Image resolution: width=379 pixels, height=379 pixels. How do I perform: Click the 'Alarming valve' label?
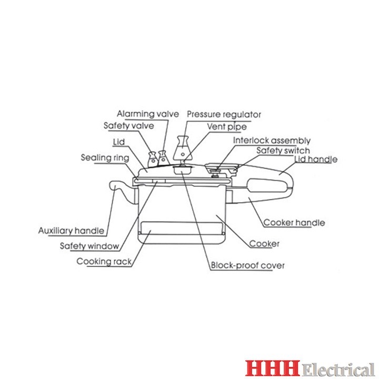point(148,114)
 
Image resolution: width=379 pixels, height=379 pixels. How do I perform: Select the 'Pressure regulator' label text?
point(224,114)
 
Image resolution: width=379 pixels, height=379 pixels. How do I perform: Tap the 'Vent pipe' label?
point(226,127)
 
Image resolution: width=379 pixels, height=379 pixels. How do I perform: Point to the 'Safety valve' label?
point(128,126)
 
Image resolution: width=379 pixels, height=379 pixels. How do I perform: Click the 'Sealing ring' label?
point(105,157)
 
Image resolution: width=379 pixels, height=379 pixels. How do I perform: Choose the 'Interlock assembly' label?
point(272,141)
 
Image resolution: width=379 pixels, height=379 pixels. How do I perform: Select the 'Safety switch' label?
point(283,150)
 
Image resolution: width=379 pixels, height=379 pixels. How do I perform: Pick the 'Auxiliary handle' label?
point(72,231)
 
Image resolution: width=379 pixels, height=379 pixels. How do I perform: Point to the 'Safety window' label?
point(89,245)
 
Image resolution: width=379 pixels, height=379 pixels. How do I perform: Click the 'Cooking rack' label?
point(104,261)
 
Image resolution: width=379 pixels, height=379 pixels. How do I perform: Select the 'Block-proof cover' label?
point(247,266)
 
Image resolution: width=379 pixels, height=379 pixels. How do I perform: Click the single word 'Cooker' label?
point(264,244)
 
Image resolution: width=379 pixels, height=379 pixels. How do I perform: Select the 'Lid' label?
point(118,142)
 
